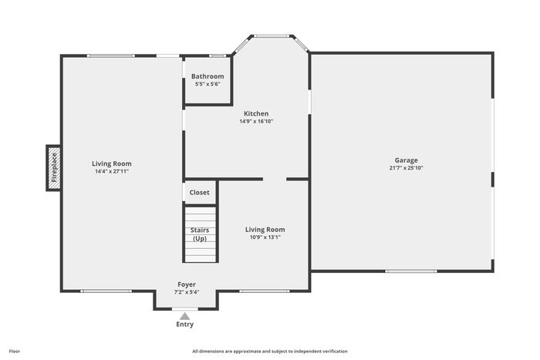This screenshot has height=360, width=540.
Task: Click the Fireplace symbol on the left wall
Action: [x=54, y=168]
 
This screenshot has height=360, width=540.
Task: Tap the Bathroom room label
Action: [x=208, y=76]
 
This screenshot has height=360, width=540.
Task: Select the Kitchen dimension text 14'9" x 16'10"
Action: [x=256, y=121]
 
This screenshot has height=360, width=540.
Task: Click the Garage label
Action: [x=406, y=160]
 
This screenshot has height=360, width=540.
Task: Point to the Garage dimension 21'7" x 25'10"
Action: [x=406, y=168]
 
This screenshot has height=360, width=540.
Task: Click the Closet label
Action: [x=199, y=193]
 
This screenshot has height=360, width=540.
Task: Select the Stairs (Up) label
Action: [x=200, y=234]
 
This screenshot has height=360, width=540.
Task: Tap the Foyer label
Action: [x=187, y=284]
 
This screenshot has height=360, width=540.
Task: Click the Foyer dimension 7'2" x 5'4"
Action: [x=187, y=292]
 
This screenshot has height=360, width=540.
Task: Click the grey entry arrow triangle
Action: [x=185, y=316]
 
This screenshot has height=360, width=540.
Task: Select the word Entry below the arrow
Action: [x=185, y=325]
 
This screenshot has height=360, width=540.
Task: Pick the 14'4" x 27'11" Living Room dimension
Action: [x=112, y=171]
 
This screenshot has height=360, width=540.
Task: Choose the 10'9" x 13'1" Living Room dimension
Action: [x=265, y=237]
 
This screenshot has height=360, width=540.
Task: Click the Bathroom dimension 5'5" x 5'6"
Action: [x=208, y=84]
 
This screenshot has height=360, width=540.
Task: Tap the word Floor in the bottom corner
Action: [x=15, y=352]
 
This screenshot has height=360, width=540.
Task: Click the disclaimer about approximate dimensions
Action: [x=270, y=352]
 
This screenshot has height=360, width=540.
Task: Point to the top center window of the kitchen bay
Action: [x=272, y=35]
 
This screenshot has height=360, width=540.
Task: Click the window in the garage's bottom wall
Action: [x=411, y=271]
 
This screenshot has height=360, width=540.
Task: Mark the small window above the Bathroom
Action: [x=218, y=56]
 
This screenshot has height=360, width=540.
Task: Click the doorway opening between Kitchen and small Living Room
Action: [x=275, y=179]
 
